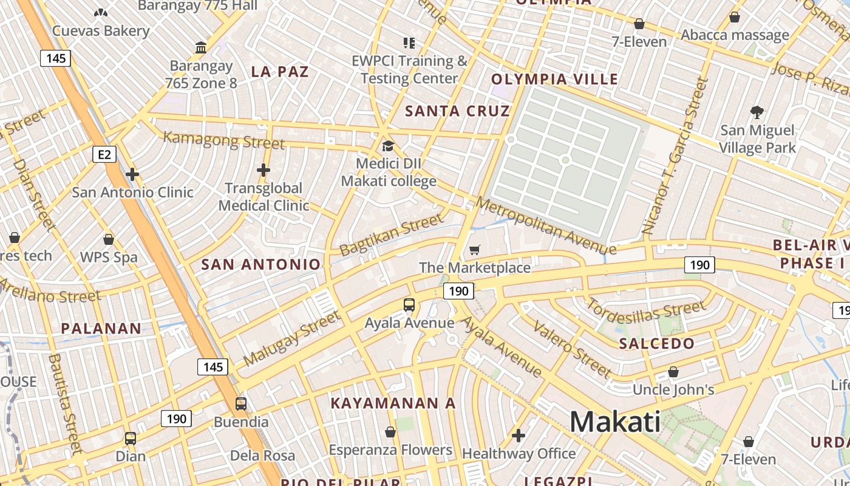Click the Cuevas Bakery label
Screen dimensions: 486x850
click(x=101, y=31)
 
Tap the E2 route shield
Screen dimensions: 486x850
click(x=104, y=154)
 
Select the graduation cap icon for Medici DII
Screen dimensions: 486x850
click(x=388, y=146)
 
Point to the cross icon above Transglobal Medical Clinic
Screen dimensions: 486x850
click(x=263, y=170)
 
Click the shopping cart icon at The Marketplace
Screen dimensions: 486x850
click(x=475, y=250)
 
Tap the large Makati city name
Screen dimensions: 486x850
click(x=615, y=422)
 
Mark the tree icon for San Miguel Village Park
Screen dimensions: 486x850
click(x=756, y=112)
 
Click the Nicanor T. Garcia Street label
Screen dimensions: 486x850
click(x=675, y=157)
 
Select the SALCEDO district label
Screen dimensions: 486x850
click(x=656, y=343)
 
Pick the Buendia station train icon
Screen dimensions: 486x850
click(x=241, y=404)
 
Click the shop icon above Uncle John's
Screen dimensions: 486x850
click(x=673, y=372)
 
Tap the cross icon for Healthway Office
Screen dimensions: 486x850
click(x=518, y=436)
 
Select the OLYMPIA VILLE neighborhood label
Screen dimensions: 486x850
click(x=554, y=79)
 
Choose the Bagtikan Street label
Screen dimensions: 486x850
click(x=392, y=235)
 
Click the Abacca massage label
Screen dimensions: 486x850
click(x=735, y=35)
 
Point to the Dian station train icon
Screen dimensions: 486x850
click(x=130, y=439)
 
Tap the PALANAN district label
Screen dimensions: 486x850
click(x=101, y=329)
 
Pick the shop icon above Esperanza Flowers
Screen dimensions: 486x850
click(x=390, y=432)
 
